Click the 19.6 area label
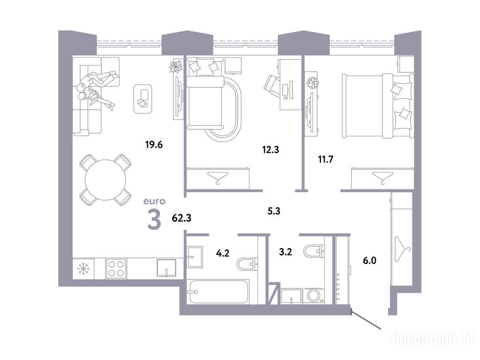154,144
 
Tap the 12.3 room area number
270,150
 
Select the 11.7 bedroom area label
326,159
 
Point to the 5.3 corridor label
274,211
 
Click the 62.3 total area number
181,217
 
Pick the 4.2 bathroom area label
223,253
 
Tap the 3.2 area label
285,252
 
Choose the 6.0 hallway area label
370,261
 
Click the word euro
154,201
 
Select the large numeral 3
154,219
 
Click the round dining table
105,180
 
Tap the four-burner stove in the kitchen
116,269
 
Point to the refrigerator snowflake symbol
83,269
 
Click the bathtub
218,292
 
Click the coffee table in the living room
143,98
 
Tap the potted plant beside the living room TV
176,66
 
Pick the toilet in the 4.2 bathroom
247,264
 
